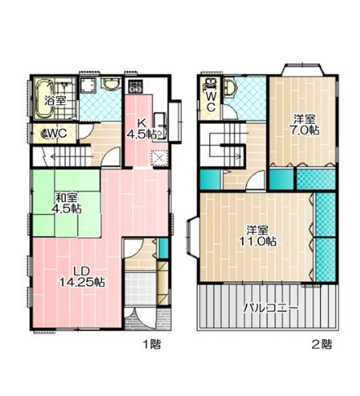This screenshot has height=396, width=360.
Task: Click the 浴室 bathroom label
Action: tap(55, 101)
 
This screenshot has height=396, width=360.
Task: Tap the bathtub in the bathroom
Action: tap(43, 99)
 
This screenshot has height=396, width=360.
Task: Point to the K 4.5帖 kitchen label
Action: tap(143, 128)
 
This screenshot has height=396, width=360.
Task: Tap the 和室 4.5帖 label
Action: tap(67, 203)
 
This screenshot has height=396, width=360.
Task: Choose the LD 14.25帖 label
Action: tap(82, 277)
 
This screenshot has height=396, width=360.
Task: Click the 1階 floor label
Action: tap(152, 345)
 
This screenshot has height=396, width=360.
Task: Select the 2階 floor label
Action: tap(322, 345)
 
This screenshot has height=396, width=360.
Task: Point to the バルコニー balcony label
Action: tap(270, 308)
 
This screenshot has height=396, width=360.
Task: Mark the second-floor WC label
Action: tap(211, 101)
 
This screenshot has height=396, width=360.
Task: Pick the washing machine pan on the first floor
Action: tap(88, 85)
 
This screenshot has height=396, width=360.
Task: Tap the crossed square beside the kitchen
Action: tap(159, 158)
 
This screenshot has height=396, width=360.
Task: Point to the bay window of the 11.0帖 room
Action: tap(191, 236)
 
